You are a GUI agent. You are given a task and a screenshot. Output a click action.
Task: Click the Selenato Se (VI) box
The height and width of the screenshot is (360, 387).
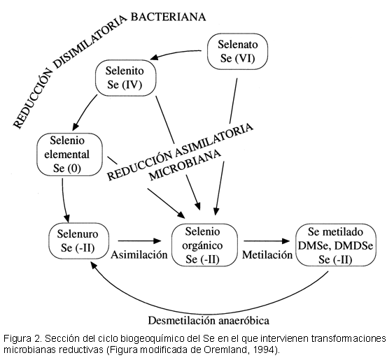click(x=237, y=52)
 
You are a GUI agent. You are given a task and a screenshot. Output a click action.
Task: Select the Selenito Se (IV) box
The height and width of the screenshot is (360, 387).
click(x=126, y=78)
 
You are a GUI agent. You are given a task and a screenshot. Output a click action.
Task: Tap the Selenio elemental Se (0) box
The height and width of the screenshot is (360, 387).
click(x=69, y=154)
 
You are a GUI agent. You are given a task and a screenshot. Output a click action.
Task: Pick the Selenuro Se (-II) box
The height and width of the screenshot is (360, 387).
click(x=79, y=241)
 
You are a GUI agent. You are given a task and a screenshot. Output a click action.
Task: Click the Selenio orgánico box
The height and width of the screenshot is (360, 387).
click(x=204, y=245)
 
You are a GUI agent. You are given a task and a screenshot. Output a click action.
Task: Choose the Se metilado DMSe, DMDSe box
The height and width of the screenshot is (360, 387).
click(x=336, y=245)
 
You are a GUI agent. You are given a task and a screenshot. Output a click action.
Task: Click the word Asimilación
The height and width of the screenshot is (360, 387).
click(x=139, y=254)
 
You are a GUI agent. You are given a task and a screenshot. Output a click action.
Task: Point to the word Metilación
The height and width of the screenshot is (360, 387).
click(x=267, y=254)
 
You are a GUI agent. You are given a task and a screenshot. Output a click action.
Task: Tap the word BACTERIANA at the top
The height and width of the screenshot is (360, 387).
click(x=168, y=17)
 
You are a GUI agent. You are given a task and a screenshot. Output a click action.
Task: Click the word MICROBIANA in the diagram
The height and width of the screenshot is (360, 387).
click(x=185, y=164)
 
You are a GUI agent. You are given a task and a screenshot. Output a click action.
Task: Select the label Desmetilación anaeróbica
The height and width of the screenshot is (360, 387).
click(x=209, y=321)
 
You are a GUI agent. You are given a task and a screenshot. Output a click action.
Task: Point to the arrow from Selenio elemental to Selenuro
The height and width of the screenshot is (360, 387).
click(x=64, y=200)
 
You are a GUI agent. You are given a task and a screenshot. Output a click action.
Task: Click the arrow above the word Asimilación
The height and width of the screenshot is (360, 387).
click(x=139, y=240)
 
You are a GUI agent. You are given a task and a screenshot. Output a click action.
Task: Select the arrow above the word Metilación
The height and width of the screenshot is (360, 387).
click(x=267, y=241)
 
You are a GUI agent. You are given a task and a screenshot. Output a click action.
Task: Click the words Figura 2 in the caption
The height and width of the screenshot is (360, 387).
click(x=22, y=338)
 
